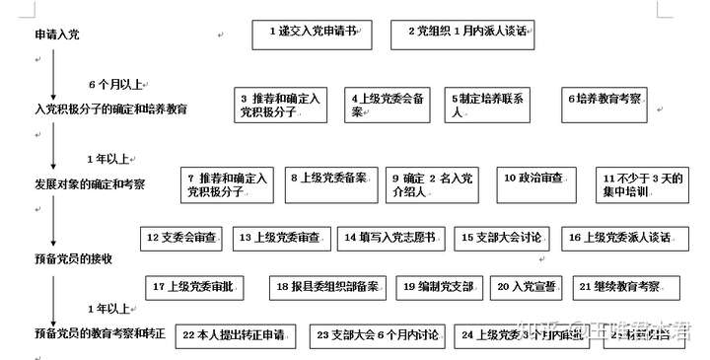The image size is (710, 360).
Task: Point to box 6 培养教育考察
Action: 605,100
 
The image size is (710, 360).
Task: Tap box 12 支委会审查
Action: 183,238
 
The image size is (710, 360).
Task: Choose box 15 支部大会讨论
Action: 502,238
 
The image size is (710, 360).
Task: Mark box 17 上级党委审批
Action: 194,287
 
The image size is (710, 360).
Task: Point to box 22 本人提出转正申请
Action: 234,335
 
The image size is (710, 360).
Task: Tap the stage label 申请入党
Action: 57,36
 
